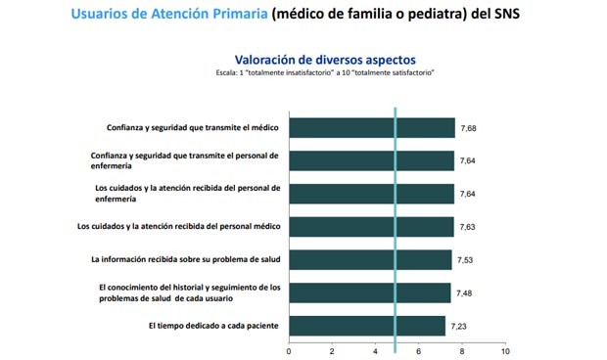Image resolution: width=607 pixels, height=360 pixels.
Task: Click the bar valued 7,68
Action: (372, 128)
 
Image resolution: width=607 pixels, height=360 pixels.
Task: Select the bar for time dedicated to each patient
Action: (367, 325)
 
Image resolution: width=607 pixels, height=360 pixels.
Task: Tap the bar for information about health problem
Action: (370, 259)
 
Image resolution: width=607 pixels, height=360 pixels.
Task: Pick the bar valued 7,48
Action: (369, 292)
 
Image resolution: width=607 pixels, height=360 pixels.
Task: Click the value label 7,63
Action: (469, 227)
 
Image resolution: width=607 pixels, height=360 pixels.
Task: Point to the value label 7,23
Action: (460, 325)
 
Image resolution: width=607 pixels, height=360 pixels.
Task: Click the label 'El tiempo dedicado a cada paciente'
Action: (213, 325)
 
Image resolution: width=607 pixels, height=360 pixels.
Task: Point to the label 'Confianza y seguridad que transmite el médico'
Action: (193, 128)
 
